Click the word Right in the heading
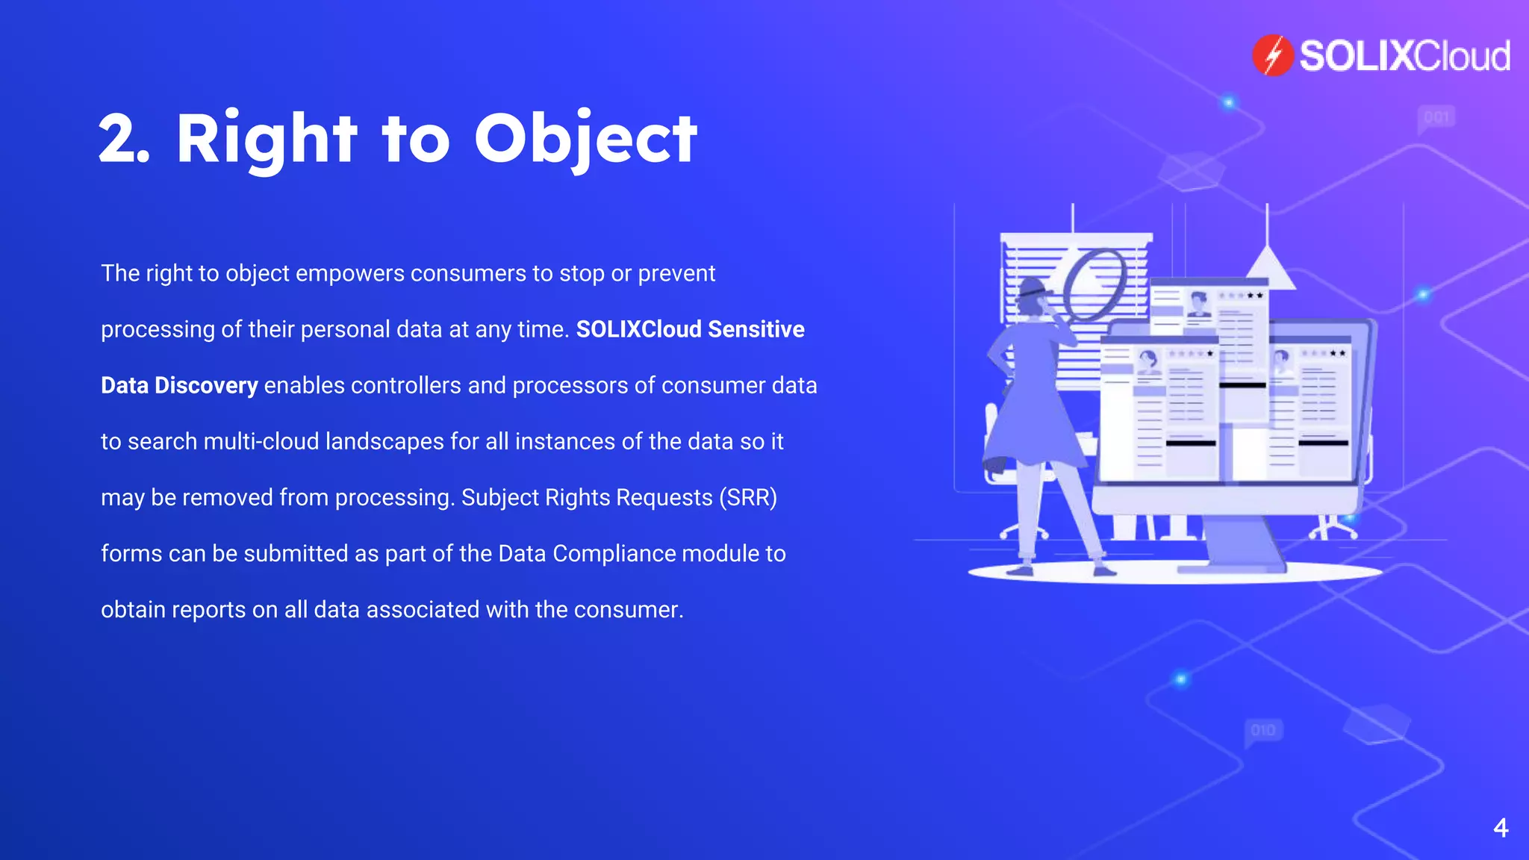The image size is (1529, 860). click(267, 139)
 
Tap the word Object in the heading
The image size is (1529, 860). click(585, 139)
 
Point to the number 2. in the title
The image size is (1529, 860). click(124, 139)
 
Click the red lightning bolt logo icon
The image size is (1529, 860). click(1272, 55)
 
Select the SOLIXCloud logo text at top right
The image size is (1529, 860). click(1404, 56)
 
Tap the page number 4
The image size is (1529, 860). click(1501, 827)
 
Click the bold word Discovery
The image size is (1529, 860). click(206, 385)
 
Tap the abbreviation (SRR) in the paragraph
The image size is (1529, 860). click(747, 497)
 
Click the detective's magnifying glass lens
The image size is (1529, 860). click(1094, 283)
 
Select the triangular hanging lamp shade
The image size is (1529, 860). click(1267, 269)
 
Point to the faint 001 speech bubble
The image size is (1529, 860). click(1436, 117)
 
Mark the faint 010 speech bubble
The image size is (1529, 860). click(1263, 730)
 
